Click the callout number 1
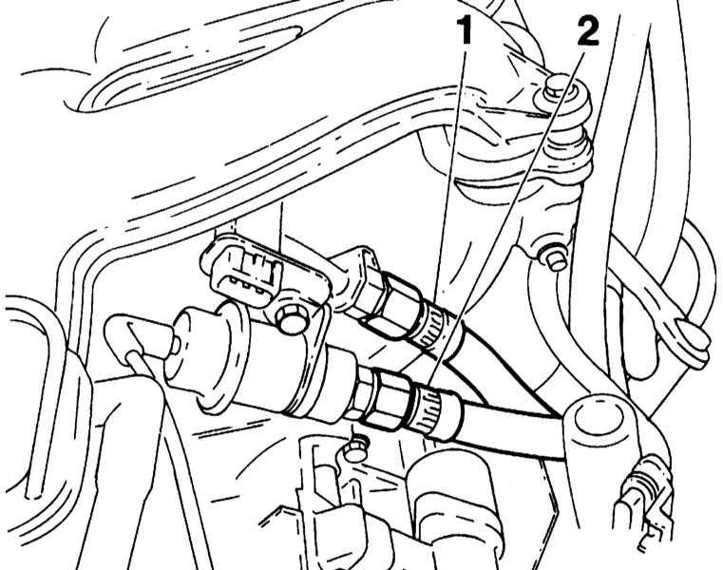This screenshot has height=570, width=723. click(466, 31)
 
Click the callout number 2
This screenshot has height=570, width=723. click(587, 31)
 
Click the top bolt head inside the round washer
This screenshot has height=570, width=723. click(555, 90)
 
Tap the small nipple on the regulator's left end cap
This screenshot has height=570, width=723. click(176, 345)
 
